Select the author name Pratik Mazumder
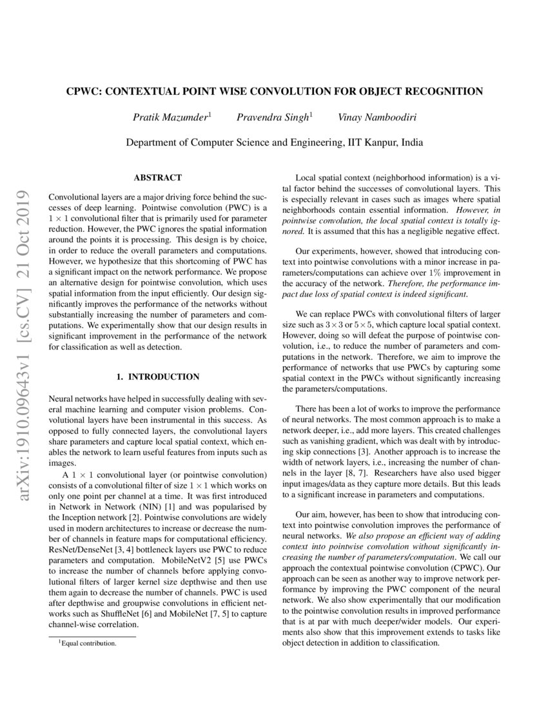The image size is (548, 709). pyautogui.click(x=170, y=117)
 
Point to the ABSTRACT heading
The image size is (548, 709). pyautogui.click(x=157, y=177)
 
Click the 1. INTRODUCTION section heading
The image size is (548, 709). pyautogui.click(x=157, y=376)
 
